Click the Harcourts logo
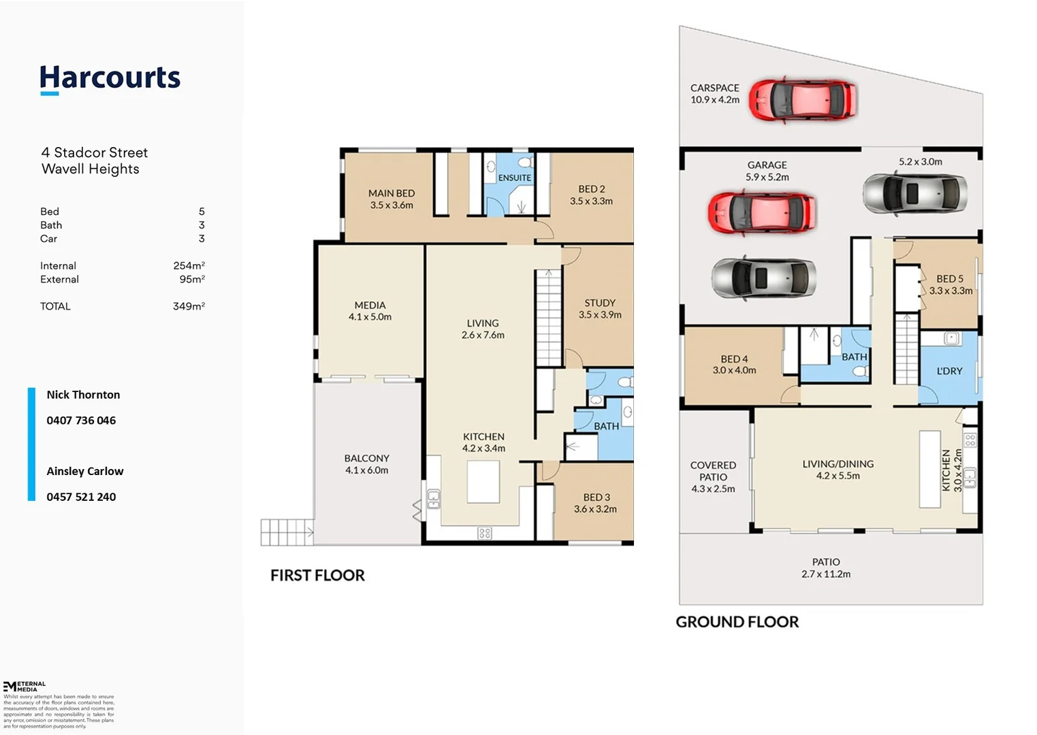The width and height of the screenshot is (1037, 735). (110, 80)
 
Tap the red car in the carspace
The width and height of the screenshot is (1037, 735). (803, 101)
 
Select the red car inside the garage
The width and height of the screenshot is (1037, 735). (762, 213)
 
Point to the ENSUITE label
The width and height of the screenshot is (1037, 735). (514, 178)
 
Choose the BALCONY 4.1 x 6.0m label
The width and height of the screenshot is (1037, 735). (366, 464)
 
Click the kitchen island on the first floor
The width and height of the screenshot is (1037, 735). (483, 481)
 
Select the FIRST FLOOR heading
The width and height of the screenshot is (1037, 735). (317, 575)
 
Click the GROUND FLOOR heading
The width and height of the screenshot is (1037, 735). (737, 621)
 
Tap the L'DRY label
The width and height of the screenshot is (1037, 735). (949, 371)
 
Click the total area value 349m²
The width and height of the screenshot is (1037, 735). (189, 306)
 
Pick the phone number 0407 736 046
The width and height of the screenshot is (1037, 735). (81, 421)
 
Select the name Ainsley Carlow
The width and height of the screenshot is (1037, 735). (84, 471)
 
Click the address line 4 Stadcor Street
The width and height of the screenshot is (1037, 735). (95, 152)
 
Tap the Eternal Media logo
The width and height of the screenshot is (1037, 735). (25, 686)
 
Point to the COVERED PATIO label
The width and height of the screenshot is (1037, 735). (713, 471)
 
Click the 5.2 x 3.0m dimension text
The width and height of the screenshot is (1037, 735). (921, 161)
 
